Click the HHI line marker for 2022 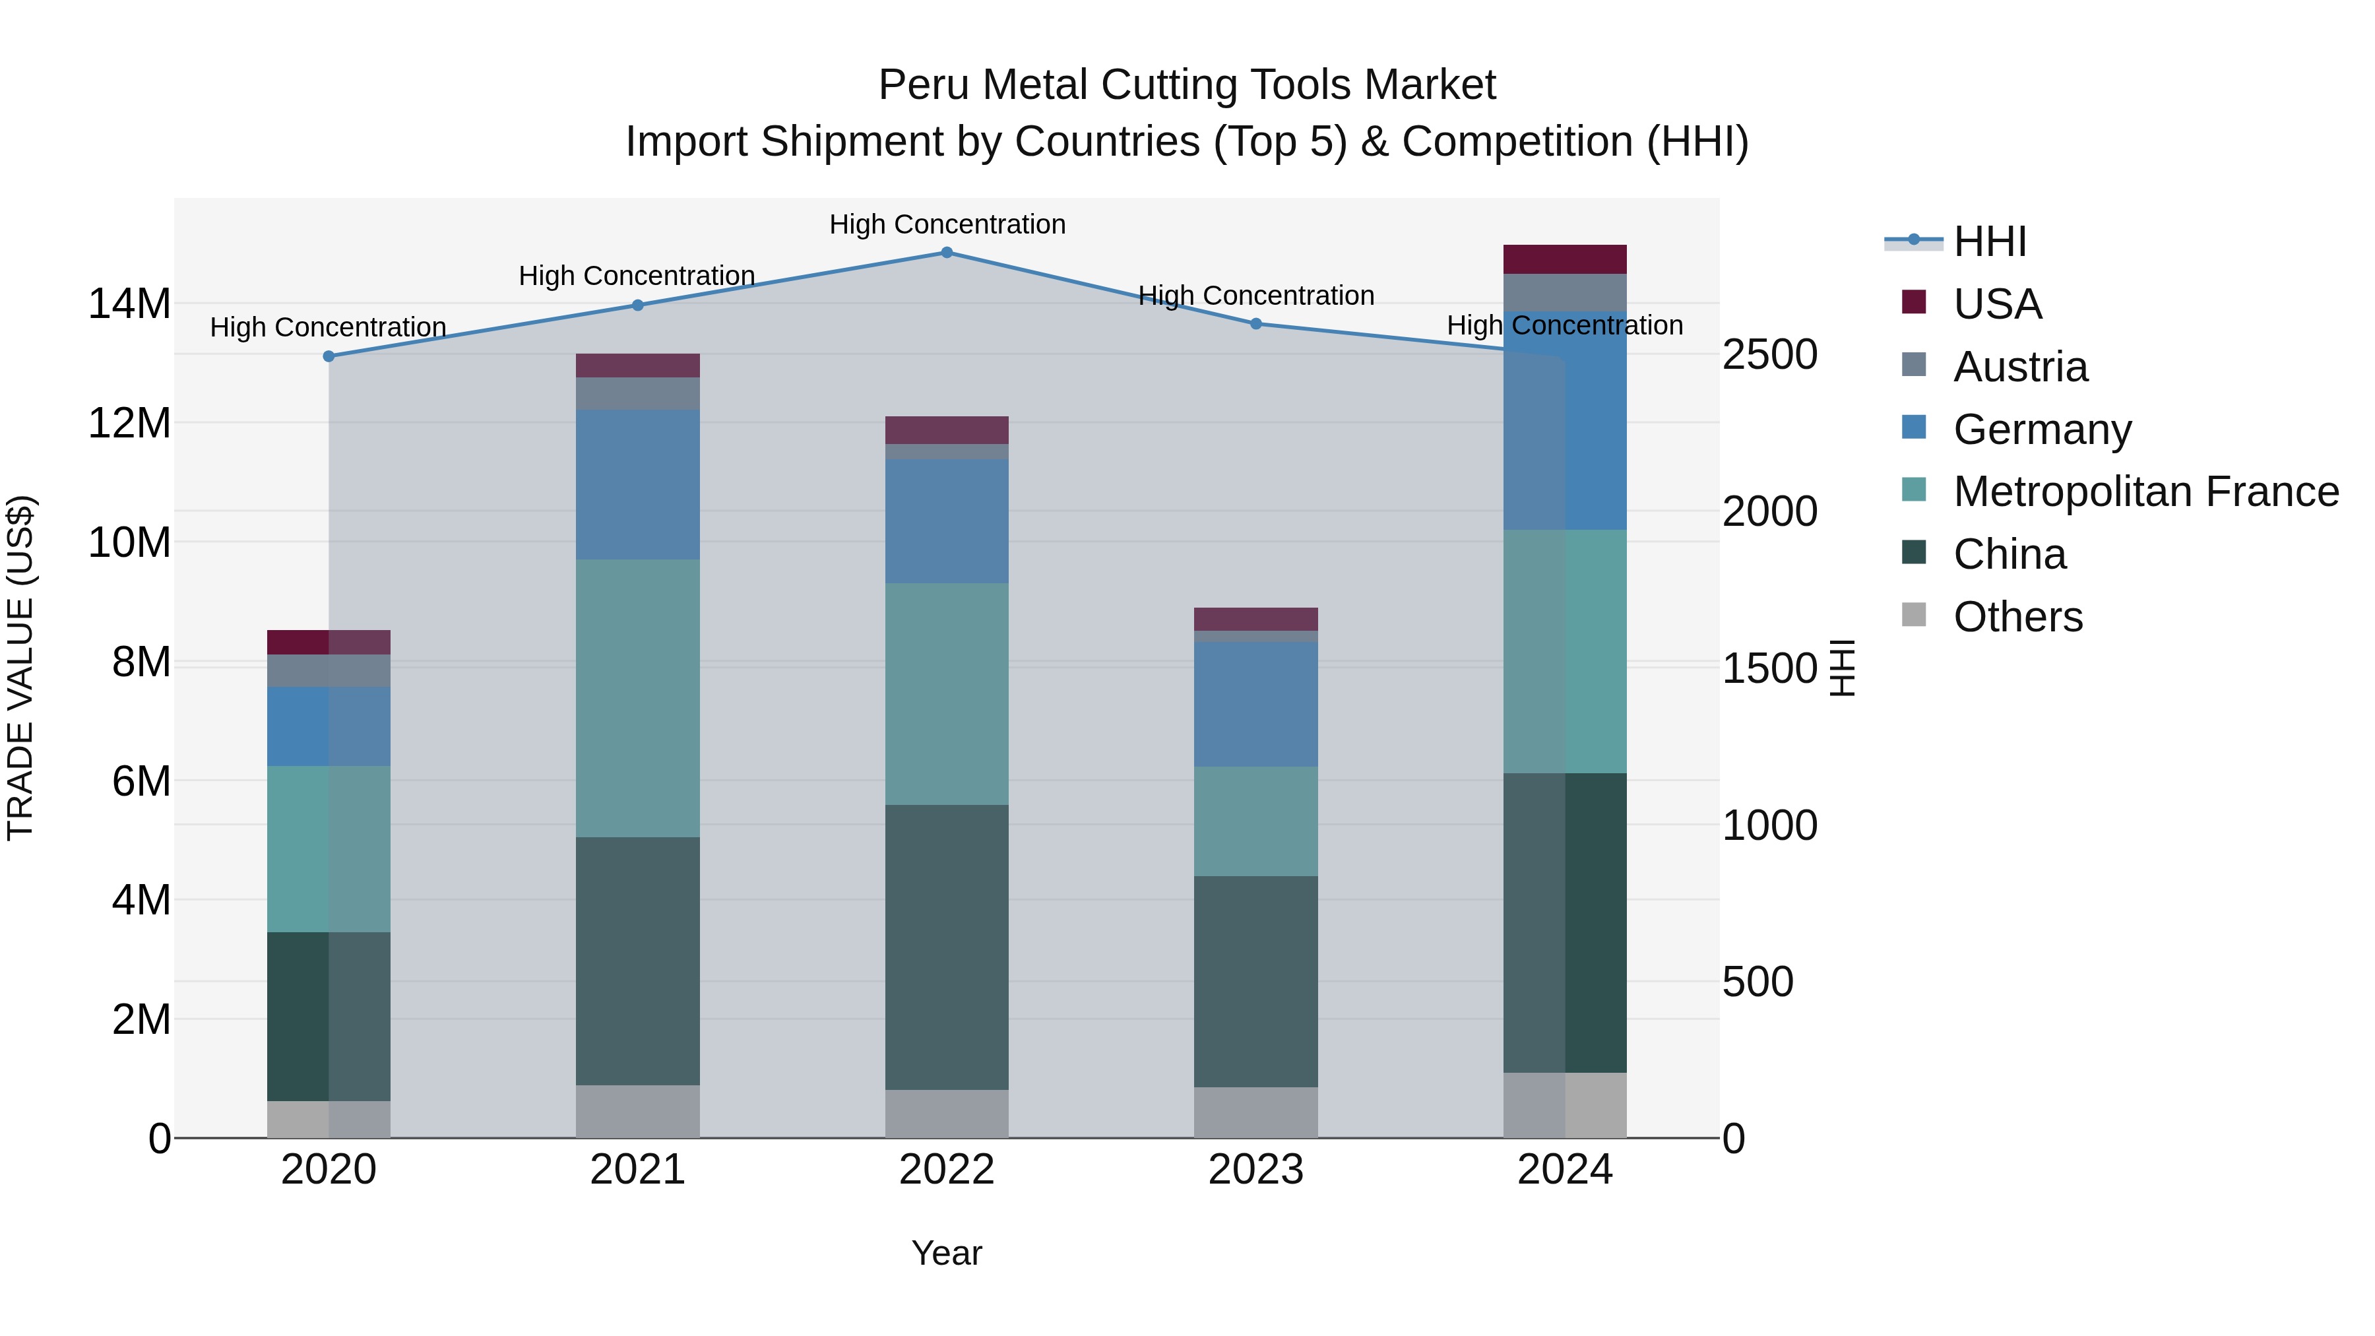pyautogui.click(x=947, y=253)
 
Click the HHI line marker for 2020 pyautogui.click(x=329, y=357)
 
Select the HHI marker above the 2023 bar pyautogui.click(x=1255, y=325)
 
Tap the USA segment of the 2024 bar pyautogui.click(x=1565, y=259)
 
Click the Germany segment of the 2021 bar pyautogui.click(x=638, y=484)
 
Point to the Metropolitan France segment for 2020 pyautogui.click(x=329, y=848)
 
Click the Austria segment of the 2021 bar pyautogui.click(x=638, y=394)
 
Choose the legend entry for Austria pyautogui.click(x=2020, y=367)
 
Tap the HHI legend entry pyautogui.click(x=1990, y=241)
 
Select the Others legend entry pyautogui.click(x=2017, y=617)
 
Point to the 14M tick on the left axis pyautogui.click(x=129, y=304)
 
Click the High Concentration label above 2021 pyautogui.click(x=637, y=276)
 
